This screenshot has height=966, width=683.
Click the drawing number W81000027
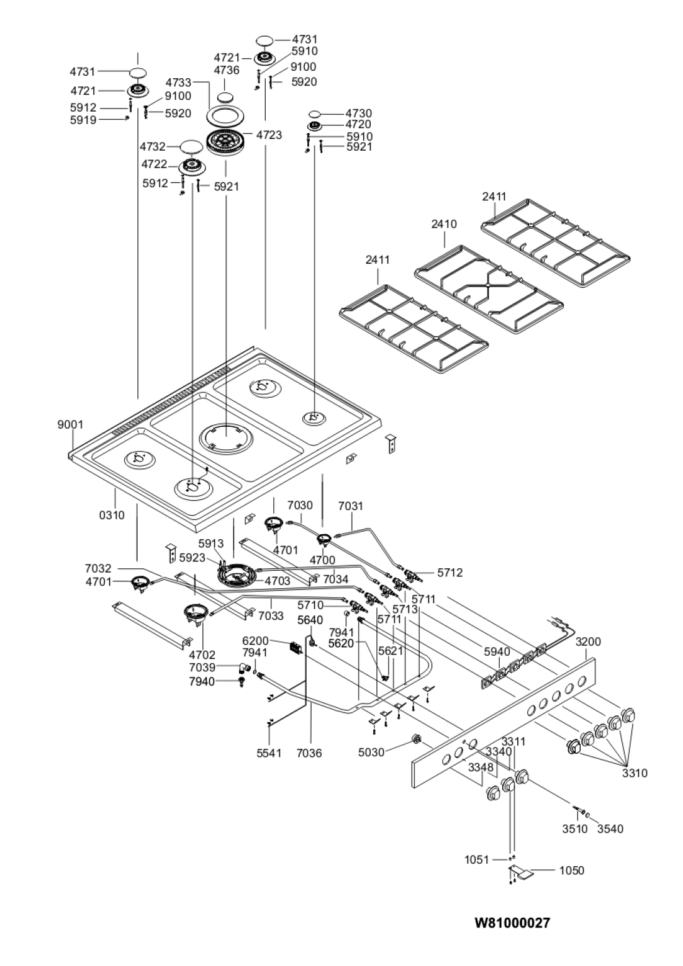512,923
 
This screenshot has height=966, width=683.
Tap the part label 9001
70,425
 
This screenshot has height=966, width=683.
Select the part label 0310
112,514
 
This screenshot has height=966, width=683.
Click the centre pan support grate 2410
489,288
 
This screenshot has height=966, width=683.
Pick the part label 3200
588,642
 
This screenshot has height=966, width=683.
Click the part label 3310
635,773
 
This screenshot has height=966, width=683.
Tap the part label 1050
572,870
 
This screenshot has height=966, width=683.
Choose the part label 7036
309,753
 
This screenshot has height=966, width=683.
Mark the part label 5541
269,753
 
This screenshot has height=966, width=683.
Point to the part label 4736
227,70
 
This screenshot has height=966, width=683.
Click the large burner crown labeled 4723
225,142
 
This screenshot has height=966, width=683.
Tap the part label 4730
359,113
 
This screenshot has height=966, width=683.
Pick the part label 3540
610,828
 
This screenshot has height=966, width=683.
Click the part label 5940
497,652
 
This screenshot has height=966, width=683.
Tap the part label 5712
450,573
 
